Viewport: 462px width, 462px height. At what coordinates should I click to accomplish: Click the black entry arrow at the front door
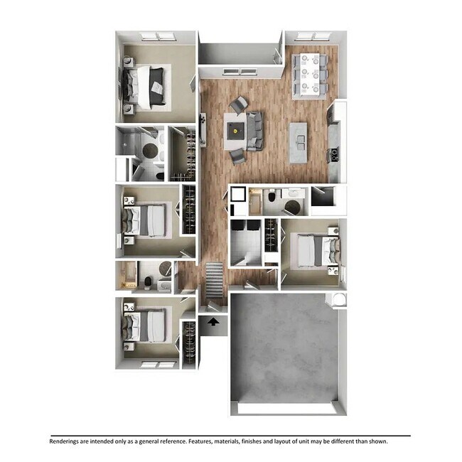point(213,321)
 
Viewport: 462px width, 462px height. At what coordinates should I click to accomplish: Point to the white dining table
point(308,74)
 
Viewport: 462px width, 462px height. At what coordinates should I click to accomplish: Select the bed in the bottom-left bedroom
point(149,326)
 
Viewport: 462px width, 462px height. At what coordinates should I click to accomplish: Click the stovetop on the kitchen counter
point(332,154)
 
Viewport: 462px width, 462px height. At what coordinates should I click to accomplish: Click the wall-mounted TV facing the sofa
point(203,129)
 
